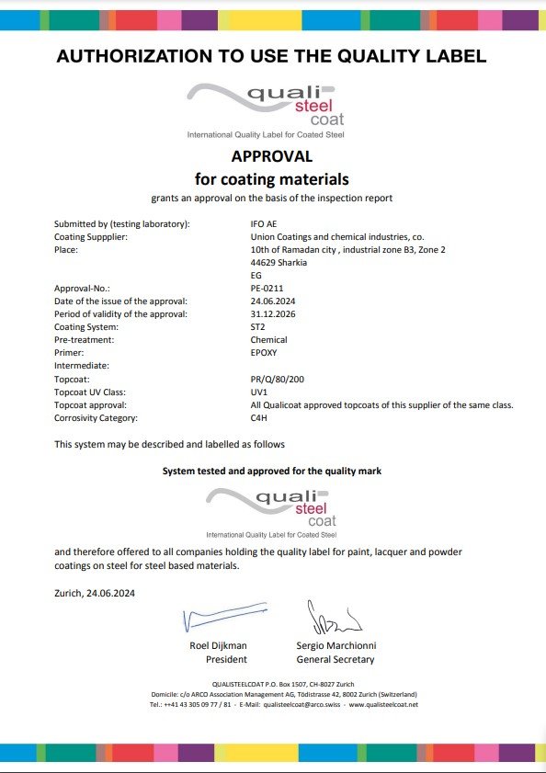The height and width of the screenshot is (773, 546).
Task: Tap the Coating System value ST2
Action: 258,326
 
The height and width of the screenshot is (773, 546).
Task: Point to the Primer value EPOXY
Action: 264,352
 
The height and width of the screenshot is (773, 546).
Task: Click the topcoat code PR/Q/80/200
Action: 277,379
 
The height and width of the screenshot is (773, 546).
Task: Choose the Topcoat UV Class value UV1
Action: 259,392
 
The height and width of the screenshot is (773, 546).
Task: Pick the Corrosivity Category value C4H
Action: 259,417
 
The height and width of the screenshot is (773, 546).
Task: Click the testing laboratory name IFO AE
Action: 264,223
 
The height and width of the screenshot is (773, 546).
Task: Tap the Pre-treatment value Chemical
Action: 268,339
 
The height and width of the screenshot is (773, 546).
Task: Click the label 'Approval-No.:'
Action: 83,288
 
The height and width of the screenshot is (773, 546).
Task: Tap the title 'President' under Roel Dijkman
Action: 226,659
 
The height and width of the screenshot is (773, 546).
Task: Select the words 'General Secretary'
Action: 336,659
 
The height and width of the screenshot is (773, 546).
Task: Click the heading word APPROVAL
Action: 272,156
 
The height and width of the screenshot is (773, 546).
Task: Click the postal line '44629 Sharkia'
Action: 279,262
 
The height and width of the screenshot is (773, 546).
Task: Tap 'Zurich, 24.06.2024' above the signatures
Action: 95,594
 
